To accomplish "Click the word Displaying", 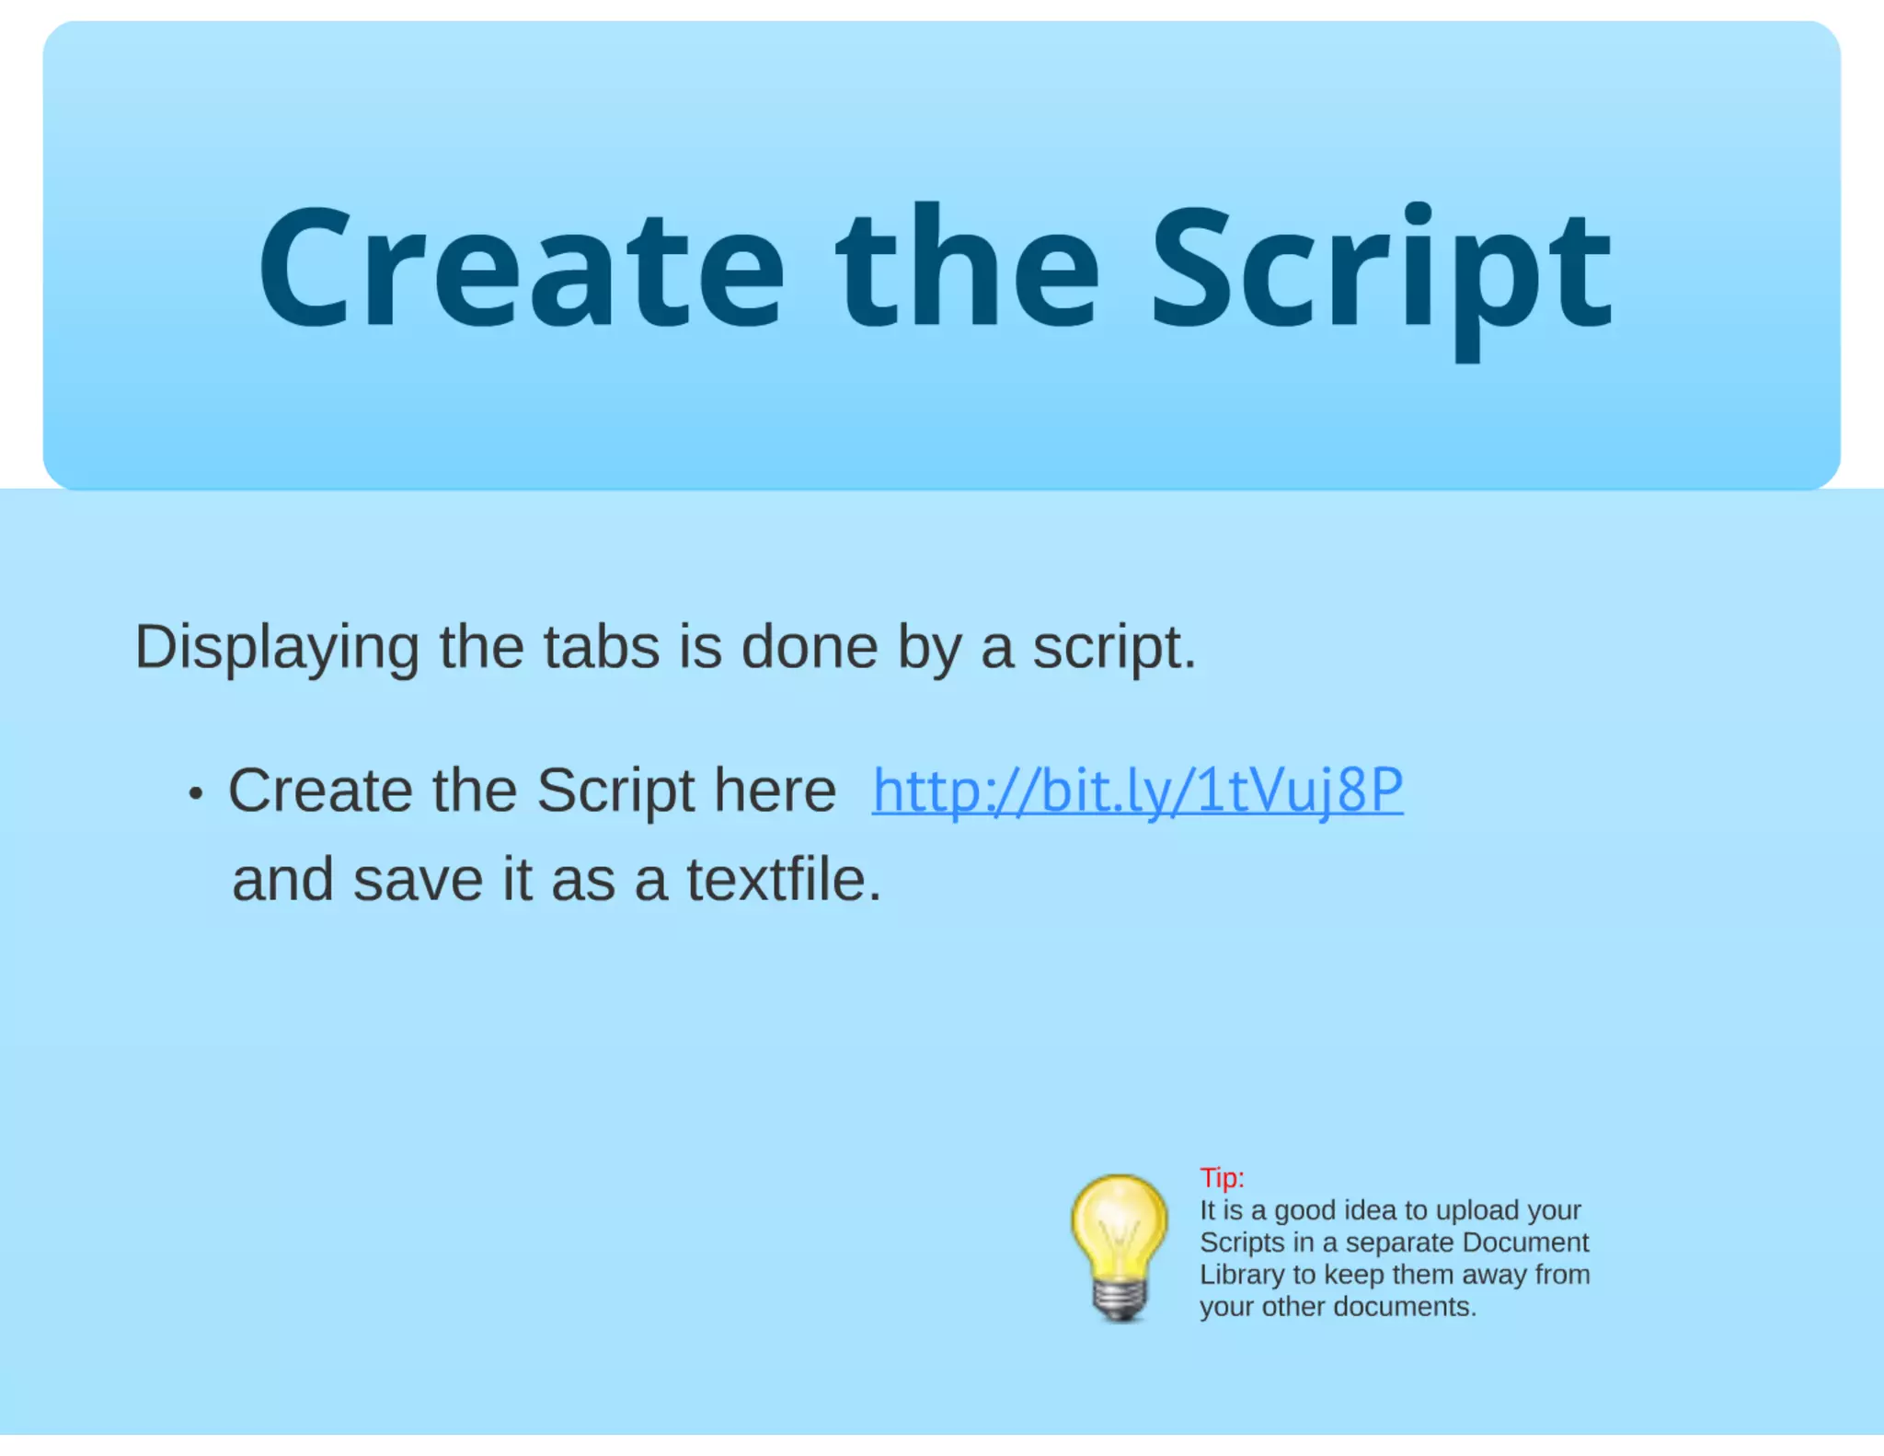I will (x=277, y=648).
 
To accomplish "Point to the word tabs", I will (x=602, y=648).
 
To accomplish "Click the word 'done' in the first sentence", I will (x=809, y=648).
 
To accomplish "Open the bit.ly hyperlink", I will (x=1137, y=791).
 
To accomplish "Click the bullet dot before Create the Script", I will (x=195, y=794).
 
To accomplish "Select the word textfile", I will (x=784, y=881).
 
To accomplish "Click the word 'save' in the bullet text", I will (x=418, y=881).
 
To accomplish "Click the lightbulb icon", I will (x=1119, y=1233).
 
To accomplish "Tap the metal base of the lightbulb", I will (x=1120, y=1300).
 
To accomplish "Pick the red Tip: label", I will (x=1222, y=1178).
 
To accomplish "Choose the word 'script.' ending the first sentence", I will (x=1114, y=648).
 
